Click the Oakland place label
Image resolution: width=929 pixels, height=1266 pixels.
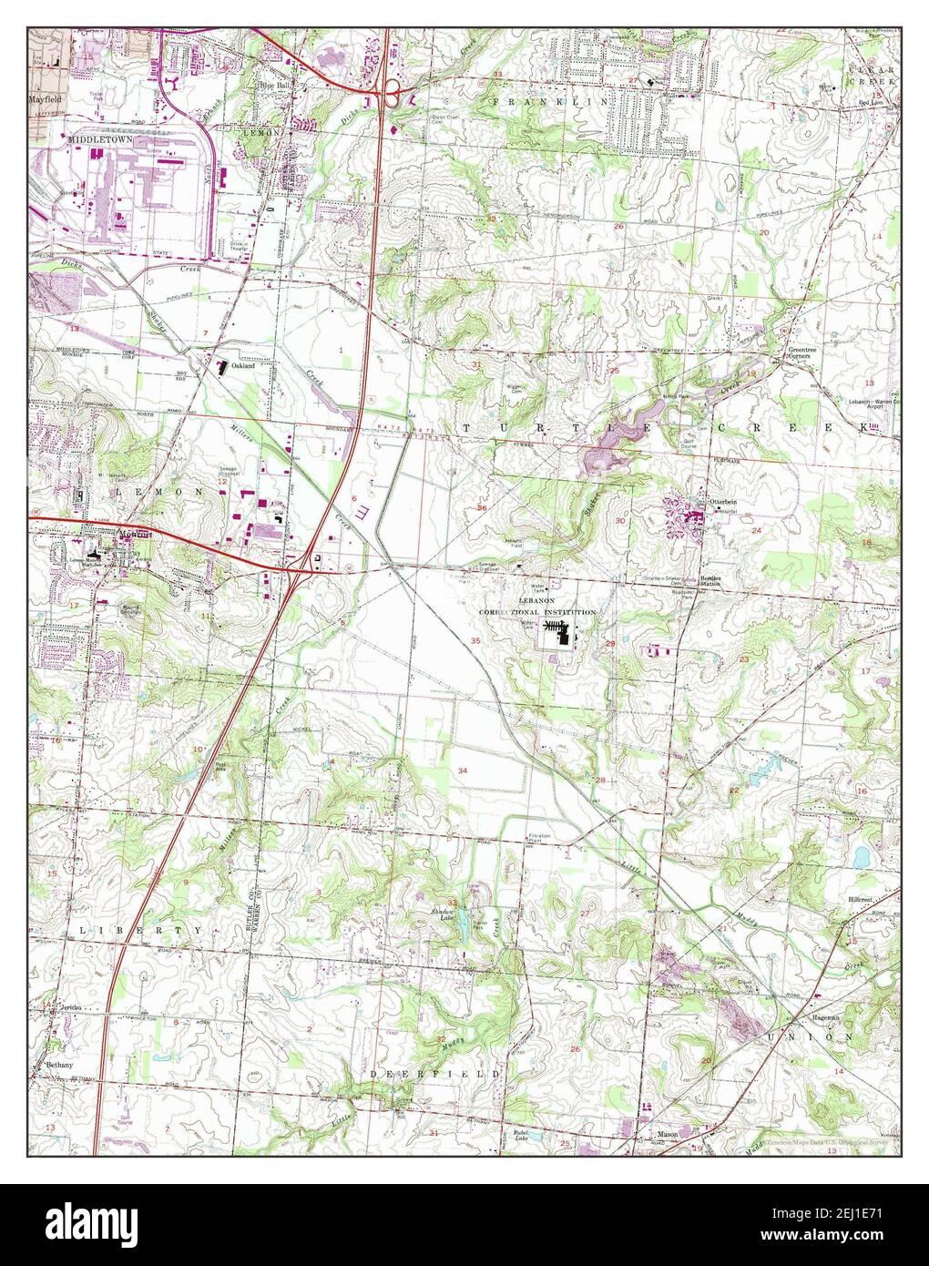click(x=242, y=366)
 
